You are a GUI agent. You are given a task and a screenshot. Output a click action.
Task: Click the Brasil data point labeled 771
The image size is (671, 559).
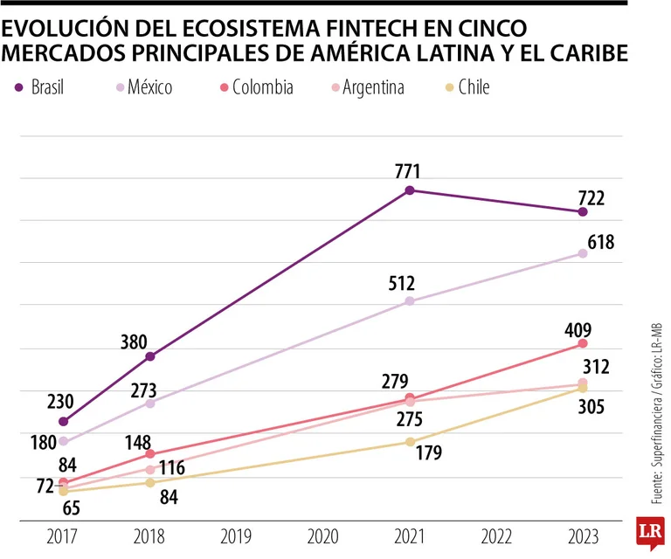point(409,190)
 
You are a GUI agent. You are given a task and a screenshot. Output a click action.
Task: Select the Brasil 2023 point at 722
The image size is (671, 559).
point(583,211)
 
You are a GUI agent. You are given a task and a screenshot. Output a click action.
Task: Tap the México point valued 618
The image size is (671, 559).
point(583,253)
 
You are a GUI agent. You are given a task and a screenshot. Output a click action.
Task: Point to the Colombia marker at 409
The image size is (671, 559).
point(583,343)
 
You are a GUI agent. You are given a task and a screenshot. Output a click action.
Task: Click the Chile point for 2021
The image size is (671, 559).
point(409,442)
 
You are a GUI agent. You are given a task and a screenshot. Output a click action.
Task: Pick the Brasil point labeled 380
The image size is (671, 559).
point(150,356)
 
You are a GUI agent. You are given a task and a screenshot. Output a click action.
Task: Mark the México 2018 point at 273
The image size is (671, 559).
point(150,403)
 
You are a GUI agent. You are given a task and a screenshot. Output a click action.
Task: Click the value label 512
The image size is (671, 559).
point(403,283)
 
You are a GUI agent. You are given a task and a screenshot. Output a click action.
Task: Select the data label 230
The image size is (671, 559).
point(59,401)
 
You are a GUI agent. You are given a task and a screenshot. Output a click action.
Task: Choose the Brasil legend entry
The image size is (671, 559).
point(40,86)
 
